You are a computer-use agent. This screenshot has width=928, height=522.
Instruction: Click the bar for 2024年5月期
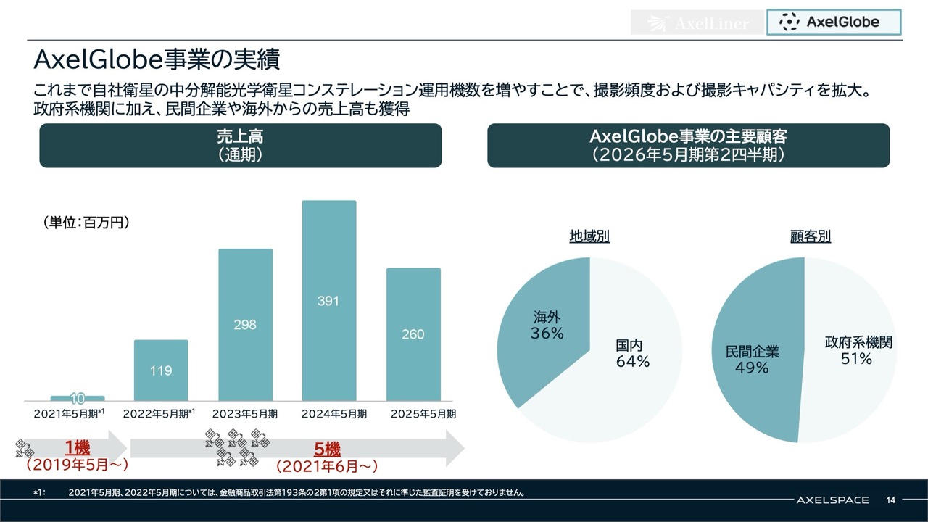(x=328, y=300)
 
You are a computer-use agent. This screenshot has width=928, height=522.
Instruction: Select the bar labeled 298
(x=245, y=324)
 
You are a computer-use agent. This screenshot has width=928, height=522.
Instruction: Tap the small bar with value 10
(x=78, y=398)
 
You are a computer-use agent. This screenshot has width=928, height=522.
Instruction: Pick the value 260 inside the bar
(x=413, y=335)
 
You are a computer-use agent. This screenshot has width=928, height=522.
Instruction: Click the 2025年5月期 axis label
(x=423, y=414)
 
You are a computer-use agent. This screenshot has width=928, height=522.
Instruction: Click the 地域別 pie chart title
(x=589, y=237)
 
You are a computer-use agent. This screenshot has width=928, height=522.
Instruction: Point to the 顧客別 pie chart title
(x=811, y=237)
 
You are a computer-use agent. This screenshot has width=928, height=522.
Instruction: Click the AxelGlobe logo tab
(x=834, y=22)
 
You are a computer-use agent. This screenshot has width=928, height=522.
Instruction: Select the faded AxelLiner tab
(x=697, y=23)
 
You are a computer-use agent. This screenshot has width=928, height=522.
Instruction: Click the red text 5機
(x=328, y=449)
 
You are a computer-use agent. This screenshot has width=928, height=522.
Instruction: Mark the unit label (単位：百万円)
(x=86, y=223)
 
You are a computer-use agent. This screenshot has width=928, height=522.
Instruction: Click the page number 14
(x=891, y=500)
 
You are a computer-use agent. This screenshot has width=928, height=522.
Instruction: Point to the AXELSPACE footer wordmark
(x=832, y=500)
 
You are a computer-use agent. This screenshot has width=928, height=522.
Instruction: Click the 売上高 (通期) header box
(x=240, y=146)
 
